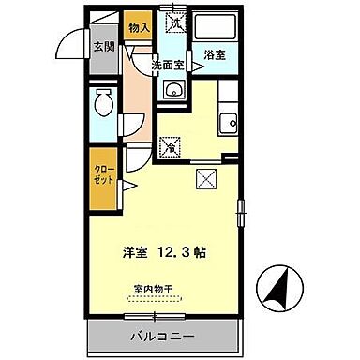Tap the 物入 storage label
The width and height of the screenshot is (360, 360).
[139, 29]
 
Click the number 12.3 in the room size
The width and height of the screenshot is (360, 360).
[171, 252]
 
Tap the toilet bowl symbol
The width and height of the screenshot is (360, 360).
[103, 105]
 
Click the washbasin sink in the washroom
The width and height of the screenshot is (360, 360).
[173, 90]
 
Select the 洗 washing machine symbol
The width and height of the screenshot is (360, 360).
[174, 20]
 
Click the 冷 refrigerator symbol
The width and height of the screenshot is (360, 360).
[172, 146]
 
